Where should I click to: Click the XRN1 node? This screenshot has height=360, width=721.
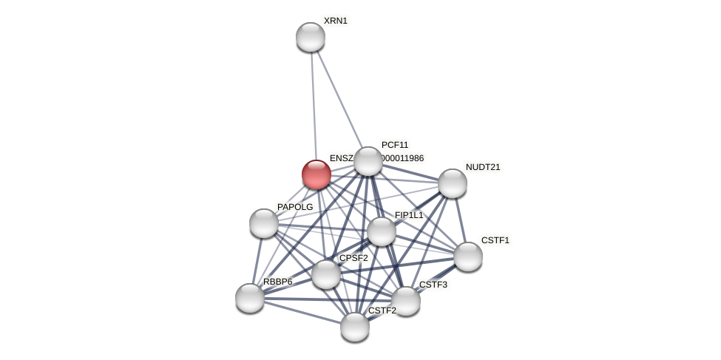coord(311,37)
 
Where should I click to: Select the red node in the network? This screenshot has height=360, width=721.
coord(317,174)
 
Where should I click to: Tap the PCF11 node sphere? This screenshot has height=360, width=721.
coord(368,161)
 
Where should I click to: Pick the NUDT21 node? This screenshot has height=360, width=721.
coord(453,183)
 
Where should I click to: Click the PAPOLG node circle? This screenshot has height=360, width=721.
coord(264,223)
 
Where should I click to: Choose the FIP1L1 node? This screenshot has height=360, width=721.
coord(382,231)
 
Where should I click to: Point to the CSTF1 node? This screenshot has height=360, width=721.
coord(468,257)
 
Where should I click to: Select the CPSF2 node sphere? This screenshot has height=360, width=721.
coord(326,274)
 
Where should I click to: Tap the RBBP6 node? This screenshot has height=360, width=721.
coord(250,298)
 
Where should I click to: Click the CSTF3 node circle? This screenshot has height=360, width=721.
coord(406,301)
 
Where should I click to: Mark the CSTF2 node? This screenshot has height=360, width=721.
coord(355,327)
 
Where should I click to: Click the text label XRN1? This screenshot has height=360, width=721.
coord(335,21)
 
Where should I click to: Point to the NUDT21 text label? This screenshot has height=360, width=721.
coord(483,167)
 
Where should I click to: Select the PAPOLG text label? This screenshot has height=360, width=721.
coord(295,207)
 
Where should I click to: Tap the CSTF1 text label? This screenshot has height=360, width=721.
coord(495,240)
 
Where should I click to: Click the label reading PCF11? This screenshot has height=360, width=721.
coord(394,145)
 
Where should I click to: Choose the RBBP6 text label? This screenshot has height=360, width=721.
coord(277,282)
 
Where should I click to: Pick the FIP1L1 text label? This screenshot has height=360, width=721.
coord(408,215)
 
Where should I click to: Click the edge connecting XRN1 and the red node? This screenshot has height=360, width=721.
coord(314,103)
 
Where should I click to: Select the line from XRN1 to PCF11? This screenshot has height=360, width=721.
coord(339,99)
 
